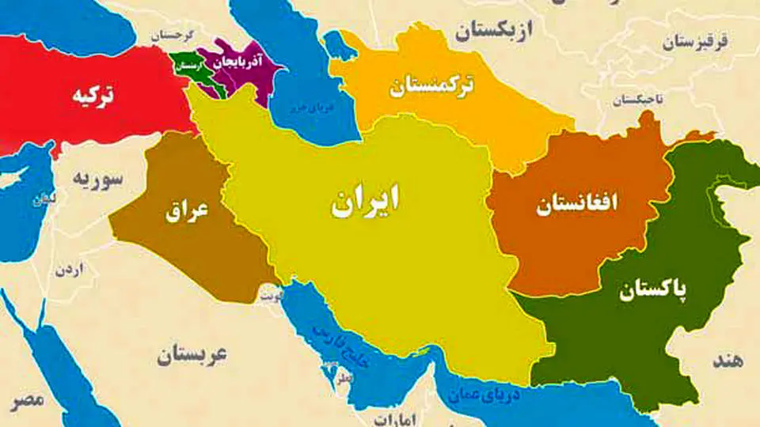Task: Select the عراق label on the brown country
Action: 187,210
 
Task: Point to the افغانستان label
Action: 577,206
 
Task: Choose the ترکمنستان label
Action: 432,85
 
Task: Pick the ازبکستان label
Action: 495,32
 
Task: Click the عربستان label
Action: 191,355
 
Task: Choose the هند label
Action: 728,361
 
